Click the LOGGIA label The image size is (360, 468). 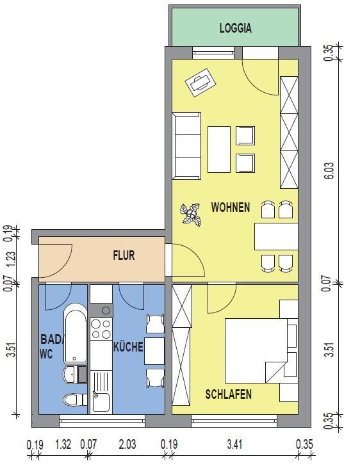pyautogui.click(x=236, y=28)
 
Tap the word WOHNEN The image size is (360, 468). pyautogui.click(x=231, y=207)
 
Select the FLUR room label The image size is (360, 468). pyautogui.click(x=124, y=255)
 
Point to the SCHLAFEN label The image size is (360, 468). pyautogui.click(x=228, y=394)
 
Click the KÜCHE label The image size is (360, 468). pyautogui.click(x=128, y=346)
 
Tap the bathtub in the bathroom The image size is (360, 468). pyautogui.click(x=76, y=333)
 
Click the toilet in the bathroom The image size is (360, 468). pyautogui.click(x=75, y=400)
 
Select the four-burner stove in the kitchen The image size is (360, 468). pyautogui.click(x=101, y=328)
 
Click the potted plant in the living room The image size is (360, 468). pyautogui.click(x=190, y=214)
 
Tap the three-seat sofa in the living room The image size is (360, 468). pyautogui.click(x=186, y=146)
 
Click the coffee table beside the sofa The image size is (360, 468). pyautogui.click(x=219, y=150)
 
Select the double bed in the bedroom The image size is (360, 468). pyautogui.click(x=261, y=351)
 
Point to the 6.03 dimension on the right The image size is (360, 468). pyautogui.click(x=329, y=170)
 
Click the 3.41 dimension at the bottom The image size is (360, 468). pyautogui.click(x=234, y=444)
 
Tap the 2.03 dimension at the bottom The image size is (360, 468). pyautogui.click(x=127, y=444)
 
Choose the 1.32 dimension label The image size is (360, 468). pyautogui.click(x=63, y=444)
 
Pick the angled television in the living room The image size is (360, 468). pyautogui.click(x=200, y=83)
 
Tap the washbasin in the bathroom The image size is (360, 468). pyautogui.click(x=70, y=375)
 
